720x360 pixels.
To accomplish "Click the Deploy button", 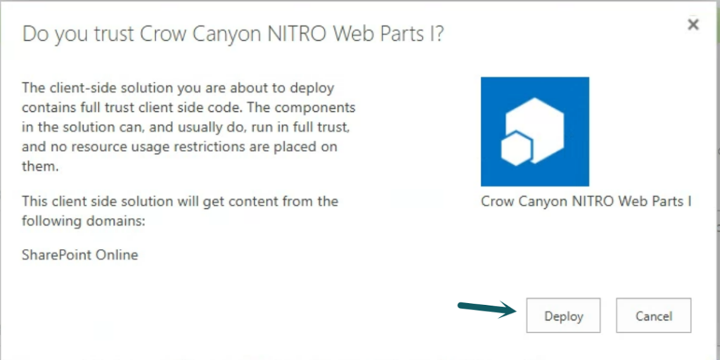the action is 563,316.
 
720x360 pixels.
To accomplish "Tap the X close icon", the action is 693,25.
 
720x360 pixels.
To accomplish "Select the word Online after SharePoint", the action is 115,255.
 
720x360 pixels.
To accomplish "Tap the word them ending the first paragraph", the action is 40,167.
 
